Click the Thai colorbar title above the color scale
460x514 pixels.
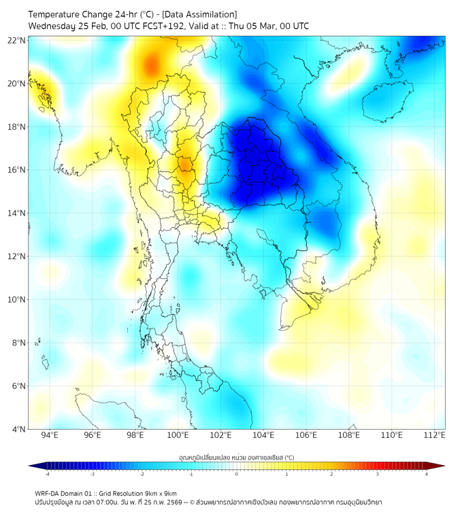(236, 457)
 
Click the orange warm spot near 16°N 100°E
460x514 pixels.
(184, 165)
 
